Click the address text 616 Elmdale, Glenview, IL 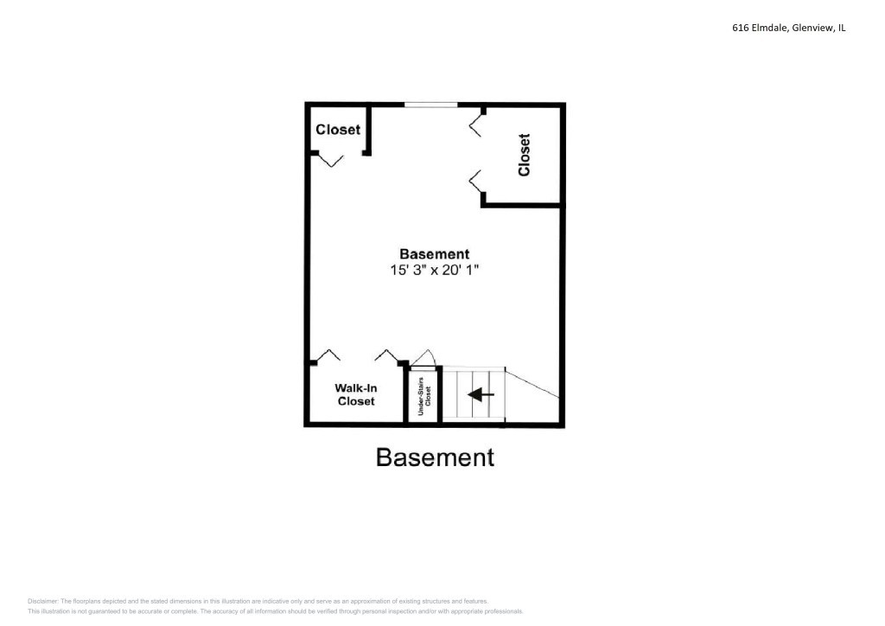click(788, 28)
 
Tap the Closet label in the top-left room click(338, 130)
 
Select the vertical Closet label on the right click(524, 155)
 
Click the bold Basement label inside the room click(434, 254)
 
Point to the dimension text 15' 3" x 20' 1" click(434, 270)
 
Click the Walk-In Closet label click(356, 394)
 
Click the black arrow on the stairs click(481, 394)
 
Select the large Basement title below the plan click(435, 457)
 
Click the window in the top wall click(431, 105)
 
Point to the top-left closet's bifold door click(330, 160)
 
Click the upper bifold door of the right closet click(475, 125)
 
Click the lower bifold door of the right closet click(475, 182)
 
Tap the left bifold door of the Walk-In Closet click(328, 355)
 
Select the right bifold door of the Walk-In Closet click(385, 355)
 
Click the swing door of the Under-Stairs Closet click(423, 358)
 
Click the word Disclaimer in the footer click(43, 601)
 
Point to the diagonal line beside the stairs click(532, 385)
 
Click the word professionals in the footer click(501, 611)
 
